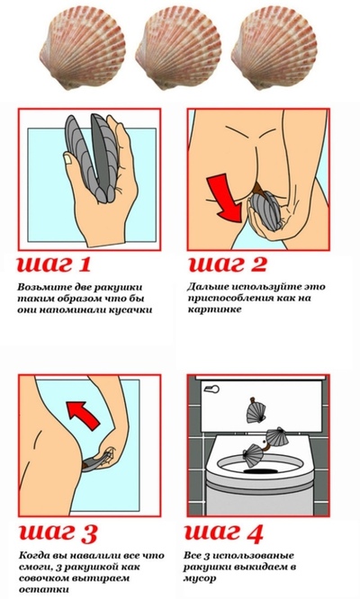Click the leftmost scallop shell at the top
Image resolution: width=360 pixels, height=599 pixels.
tap(81, 49)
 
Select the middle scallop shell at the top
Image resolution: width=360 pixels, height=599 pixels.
tap(178, 49)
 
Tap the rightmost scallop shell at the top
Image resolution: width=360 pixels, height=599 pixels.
tap(274, 49)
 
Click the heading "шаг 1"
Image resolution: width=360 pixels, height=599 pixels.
tap(54, 264)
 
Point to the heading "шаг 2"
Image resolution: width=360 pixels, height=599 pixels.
tap(228, 264)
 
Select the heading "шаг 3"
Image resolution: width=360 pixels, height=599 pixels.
tap(58, 532)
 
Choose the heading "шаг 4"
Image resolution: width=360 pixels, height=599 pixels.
tap(224, 532)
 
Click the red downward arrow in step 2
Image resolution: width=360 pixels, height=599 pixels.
tap(224, 198)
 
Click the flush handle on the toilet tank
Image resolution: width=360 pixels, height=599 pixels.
tap(211, 389)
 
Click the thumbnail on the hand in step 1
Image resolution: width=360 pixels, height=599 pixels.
tap(67, 157)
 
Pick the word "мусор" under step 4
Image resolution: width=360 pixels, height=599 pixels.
tap(200, 578)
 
